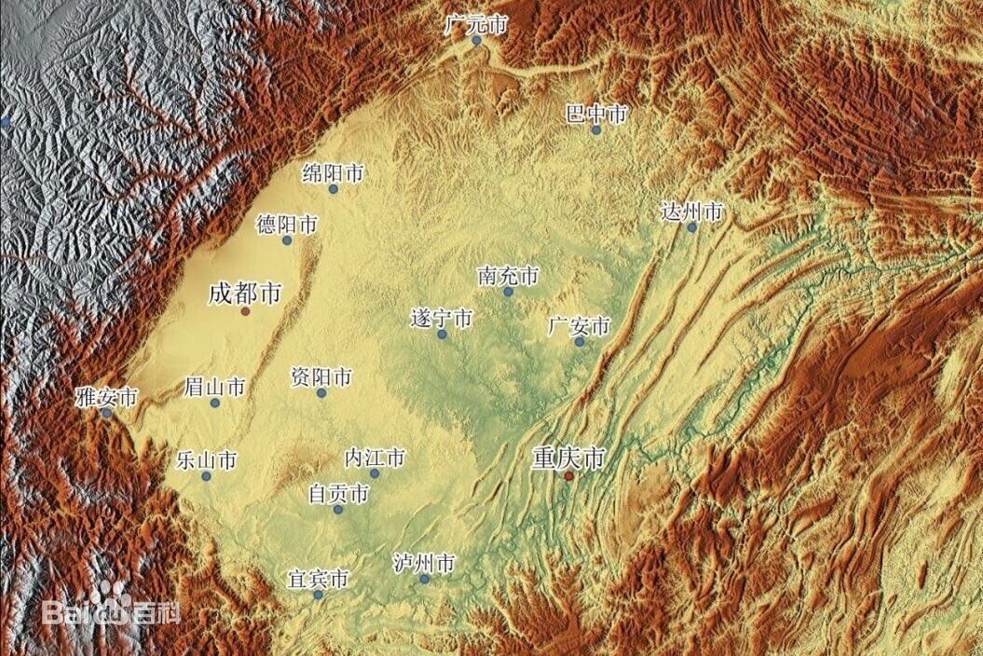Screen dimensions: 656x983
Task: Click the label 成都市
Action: pos(245,294)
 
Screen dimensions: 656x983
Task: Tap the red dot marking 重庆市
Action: pos(568,476)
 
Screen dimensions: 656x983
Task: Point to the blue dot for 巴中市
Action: pos(596,130)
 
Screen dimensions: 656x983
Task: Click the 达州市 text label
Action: pos(690,212)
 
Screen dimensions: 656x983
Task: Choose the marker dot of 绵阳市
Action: pos(333,189)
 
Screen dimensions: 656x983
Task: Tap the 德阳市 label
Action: pos(287,225)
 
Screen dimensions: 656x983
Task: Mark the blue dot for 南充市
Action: pos(508,292)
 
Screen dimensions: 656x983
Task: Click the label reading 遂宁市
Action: pos(442,319)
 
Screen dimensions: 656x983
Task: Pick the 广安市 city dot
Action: pos(579,342)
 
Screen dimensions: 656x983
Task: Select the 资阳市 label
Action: pos(321,377)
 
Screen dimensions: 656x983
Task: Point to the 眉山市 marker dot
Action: pos(215,403)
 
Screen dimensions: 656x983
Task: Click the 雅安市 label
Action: pos(106,397)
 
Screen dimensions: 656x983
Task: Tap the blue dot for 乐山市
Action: pos(206,476)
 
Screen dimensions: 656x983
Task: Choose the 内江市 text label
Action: pos(375,458)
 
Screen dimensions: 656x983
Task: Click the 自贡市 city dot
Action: pos(338,510)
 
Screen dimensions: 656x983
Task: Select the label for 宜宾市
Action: pos(318,580)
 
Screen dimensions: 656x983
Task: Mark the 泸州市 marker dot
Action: pos(425,579)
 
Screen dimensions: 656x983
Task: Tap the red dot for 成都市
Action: pos(245,311)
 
